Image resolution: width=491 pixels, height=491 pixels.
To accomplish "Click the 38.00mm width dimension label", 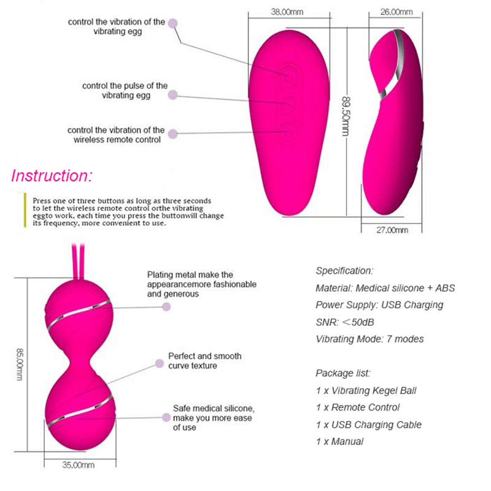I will point(287,12).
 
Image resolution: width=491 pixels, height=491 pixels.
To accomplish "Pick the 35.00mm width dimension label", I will point(79,465).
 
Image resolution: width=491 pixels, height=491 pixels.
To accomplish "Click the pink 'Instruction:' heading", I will point(52,176).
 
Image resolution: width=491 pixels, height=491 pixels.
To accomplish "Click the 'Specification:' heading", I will point(344,271).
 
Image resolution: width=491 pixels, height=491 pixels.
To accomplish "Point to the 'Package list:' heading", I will point(343,373).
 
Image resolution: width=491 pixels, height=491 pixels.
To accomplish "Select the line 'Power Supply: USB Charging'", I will point(379,305).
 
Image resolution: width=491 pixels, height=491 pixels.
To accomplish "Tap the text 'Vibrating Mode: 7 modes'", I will point(369,339).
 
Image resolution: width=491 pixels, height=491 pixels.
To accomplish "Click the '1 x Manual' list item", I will point(339,441).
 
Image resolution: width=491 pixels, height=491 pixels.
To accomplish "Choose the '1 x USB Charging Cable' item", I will point(369,424).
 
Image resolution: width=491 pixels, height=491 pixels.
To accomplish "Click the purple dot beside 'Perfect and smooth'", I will point(160,364).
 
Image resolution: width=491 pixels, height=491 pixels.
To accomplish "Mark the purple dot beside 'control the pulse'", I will point(173,95).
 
